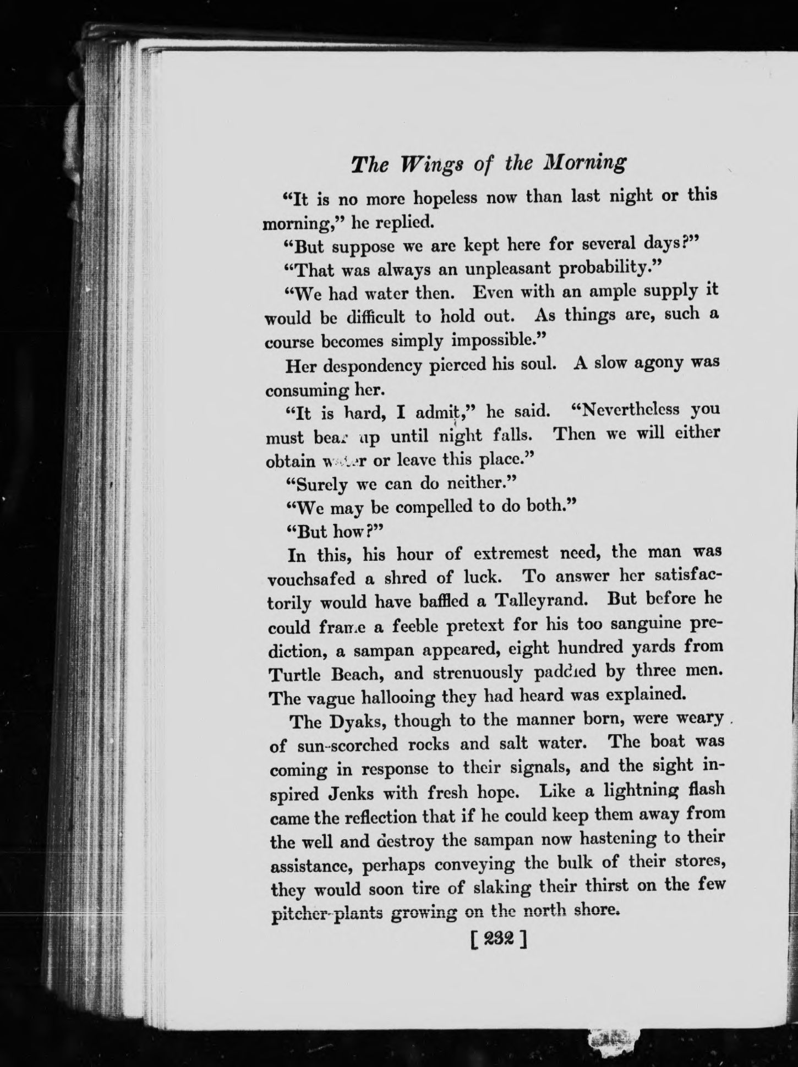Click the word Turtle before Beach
pos(296,674)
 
